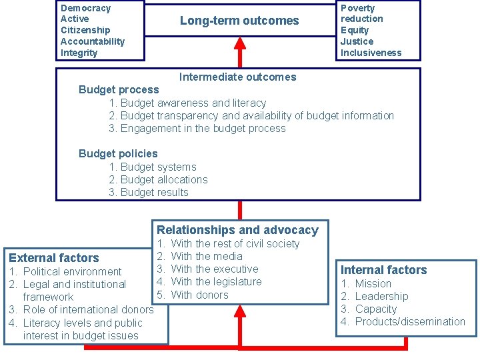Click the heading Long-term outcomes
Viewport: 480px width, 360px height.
(x=239, y=21)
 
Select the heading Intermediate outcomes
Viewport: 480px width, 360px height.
(x=237, y=77)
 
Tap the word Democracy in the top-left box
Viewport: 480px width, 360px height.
(x=85, y=8)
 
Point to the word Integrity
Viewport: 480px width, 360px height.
(x=79, y=53)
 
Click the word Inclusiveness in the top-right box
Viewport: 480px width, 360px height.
(x=371, y=53)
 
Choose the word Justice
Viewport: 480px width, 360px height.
(x=357, y=41)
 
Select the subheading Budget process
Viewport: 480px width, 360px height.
(x=119, y=89)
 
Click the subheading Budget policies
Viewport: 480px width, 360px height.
(x=118, y=153)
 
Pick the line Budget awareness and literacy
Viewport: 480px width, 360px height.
(x=193, y=103)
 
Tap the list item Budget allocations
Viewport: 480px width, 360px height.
(x=163, y=179)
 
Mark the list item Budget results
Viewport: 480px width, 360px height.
(x=154, y=192)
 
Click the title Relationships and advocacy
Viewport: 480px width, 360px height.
(x=237, y=230)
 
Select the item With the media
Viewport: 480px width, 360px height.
(x=207, y=256)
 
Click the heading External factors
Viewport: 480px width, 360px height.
(x=54, y=257)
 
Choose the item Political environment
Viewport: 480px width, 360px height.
(x=72, y=271)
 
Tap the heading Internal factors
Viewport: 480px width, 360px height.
(x=383, y=270)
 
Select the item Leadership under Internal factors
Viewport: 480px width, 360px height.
(x=381, y=296)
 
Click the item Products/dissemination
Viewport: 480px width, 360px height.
(x=410, y=321)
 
